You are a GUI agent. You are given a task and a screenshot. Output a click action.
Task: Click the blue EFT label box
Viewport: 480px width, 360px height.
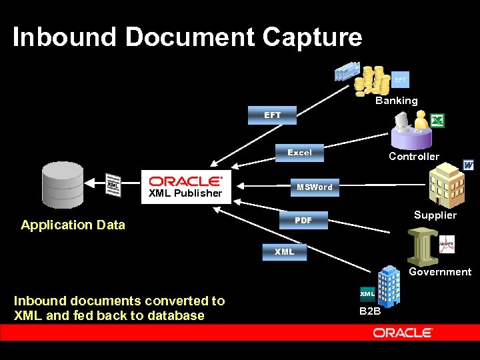(273, 115)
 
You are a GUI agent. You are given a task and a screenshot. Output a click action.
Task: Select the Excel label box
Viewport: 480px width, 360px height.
(299, 153)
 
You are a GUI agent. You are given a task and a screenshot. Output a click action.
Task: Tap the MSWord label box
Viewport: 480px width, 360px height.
(315, 187)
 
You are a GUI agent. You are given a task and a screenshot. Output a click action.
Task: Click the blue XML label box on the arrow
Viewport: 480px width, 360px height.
(284, 252)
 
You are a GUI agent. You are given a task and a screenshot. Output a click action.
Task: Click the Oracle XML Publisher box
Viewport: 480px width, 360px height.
(186, 185)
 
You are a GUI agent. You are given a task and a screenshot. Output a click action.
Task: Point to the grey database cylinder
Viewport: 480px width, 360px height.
(63, 185)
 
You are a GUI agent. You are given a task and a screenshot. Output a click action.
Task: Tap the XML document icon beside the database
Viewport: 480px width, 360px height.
(113, 185)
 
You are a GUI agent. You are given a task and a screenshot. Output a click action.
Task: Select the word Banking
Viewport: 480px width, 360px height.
(396, 101)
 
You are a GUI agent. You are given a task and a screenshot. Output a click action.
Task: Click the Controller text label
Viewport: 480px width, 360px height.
(414, 157)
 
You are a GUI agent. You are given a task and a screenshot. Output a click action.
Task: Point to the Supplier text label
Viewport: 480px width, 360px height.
(435, 215)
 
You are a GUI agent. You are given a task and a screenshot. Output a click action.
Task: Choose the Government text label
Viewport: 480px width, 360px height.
(440, 272)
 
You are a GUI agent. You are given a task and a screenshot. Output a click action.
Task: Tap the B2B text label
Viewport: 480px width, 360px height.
(370, 311)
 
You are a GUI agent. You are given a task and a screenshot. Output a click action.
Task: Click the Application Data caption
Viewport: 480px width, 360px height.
(73, 225)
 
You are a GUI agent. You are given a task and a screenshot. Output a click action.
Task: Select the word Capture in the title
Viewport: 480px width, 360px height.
(312, 37)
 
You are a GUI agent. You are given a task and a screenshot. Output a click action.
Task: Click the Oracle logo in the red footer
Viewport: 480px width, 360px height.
(403, 333)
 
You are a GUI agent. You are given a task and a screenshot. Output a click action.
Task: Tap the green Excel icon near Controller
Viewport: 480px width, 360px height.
(437, 121)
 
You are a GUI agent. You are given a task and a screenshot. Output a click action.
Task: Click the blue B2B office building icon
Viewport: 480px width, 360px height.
(388, 285)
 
